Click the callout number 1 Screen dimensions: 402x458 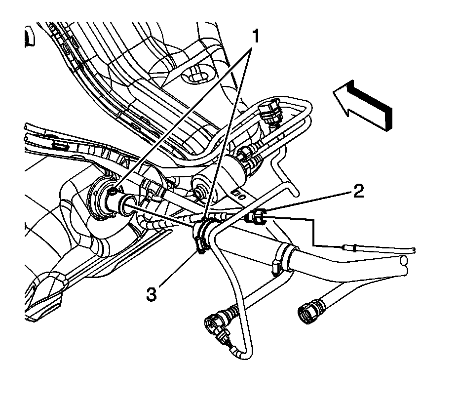tap(255, 36)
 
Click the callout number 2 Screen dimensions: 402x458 tap(358, 191)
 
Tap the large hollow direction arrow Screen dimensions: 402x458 tap(363, 104)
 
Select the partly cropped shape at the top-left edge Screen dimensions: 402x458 tap(28, 37)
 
